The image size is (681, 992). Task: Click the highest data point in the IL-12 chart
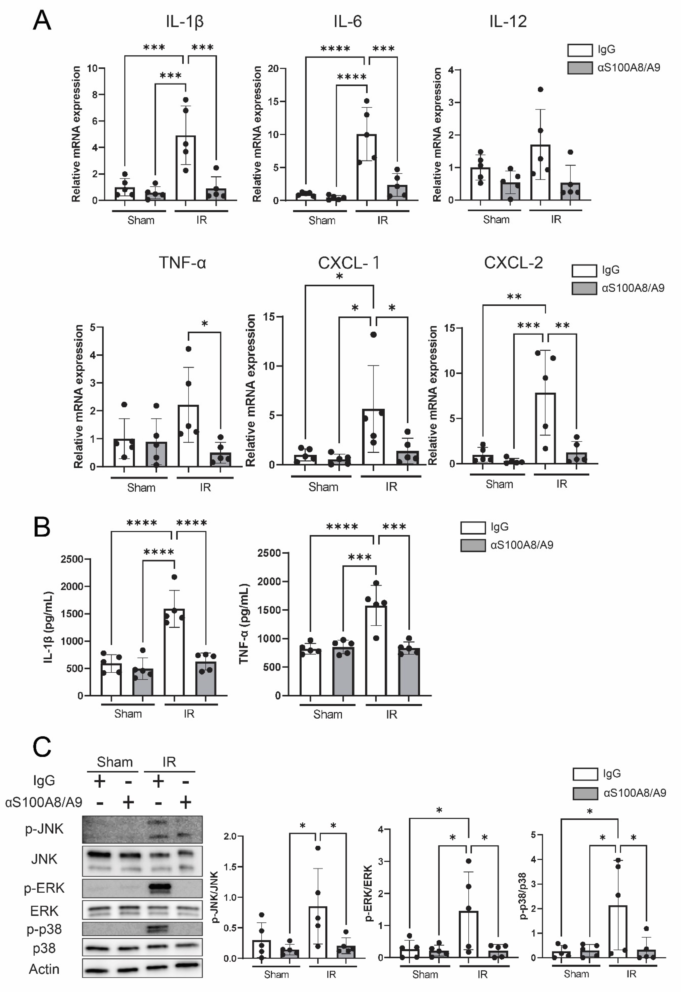(541, 89)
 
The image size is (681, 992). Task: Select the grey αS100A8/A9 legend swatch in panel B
(473, 545)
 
